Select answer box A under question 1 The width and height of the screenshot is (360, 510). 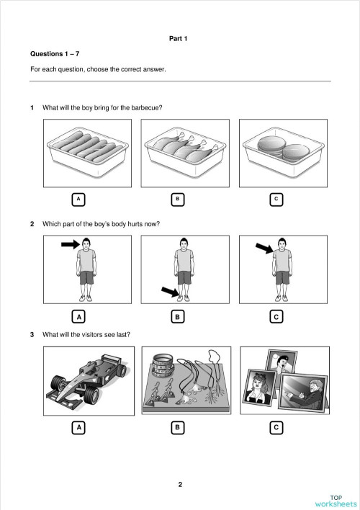pyautogui.click(x=80, y=199)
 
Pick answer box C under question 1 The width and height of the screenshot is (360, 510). pyautogui.click(x=276, y=199)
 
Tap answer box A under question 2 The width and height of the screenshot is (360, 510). pyautogui.click(x=80, y=316)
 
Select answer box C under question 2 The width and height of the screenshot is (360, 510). pyautogui.click(x=276, y=316)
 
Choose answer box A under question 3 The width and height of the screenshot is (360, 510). pyautogui.click(x=80, y=428)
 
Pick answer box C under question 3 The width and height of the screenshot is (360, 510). pyautogui.click(x=276, y=428)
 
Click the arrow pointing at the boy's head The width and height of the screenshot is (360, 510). pyautogui.click(x=70, y=245)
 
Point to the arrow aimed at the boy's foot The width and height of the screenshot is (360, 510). pyautogui.click(x=169, y=291)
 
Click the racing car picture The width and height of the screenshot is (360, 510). pyautogui.click(x=86, y=382)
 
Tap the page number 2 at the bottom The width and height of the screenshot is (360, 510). pyautogui.click(x=180, y=484)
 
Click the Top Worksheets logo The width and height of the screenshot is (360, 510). pyautogui.click(x=336, y=500)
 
